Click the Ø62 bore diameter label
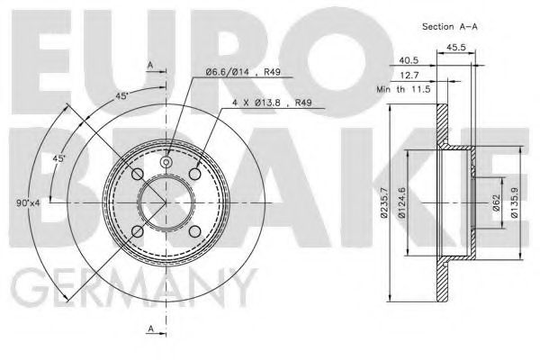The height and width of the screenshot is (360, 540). (x=494, y=203)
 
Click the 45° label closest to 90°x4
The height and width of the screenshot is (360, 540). (x=58, y=158)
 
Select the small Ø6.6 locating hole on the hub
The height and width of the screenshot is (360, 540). (x=166, y=162)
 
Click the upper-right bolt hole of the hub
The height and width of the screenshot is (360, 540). (x=195, y=174)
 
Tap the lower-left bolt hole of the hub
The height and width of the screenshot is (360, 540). (x=137, y=232)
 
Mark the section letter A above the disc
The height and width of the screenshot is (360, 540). (x=150, y=64)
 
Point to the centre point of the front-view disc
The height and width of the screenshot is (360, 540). (x=166, y=203)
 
